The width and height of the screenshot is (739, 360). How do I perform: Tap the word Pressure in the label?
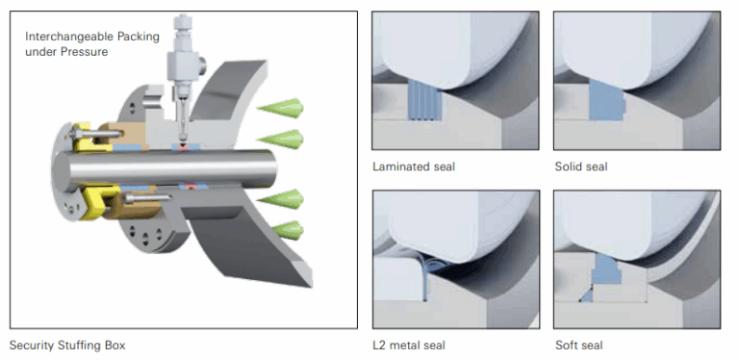click(84, 51)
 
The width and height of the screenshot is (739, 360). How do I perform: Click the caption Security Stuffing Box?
click(67, 344)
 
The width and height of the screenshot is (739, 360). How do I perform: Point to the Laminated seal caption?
click(414, 167)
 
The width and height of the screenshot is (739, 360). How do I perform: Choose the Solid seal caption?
click(581, 167)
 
